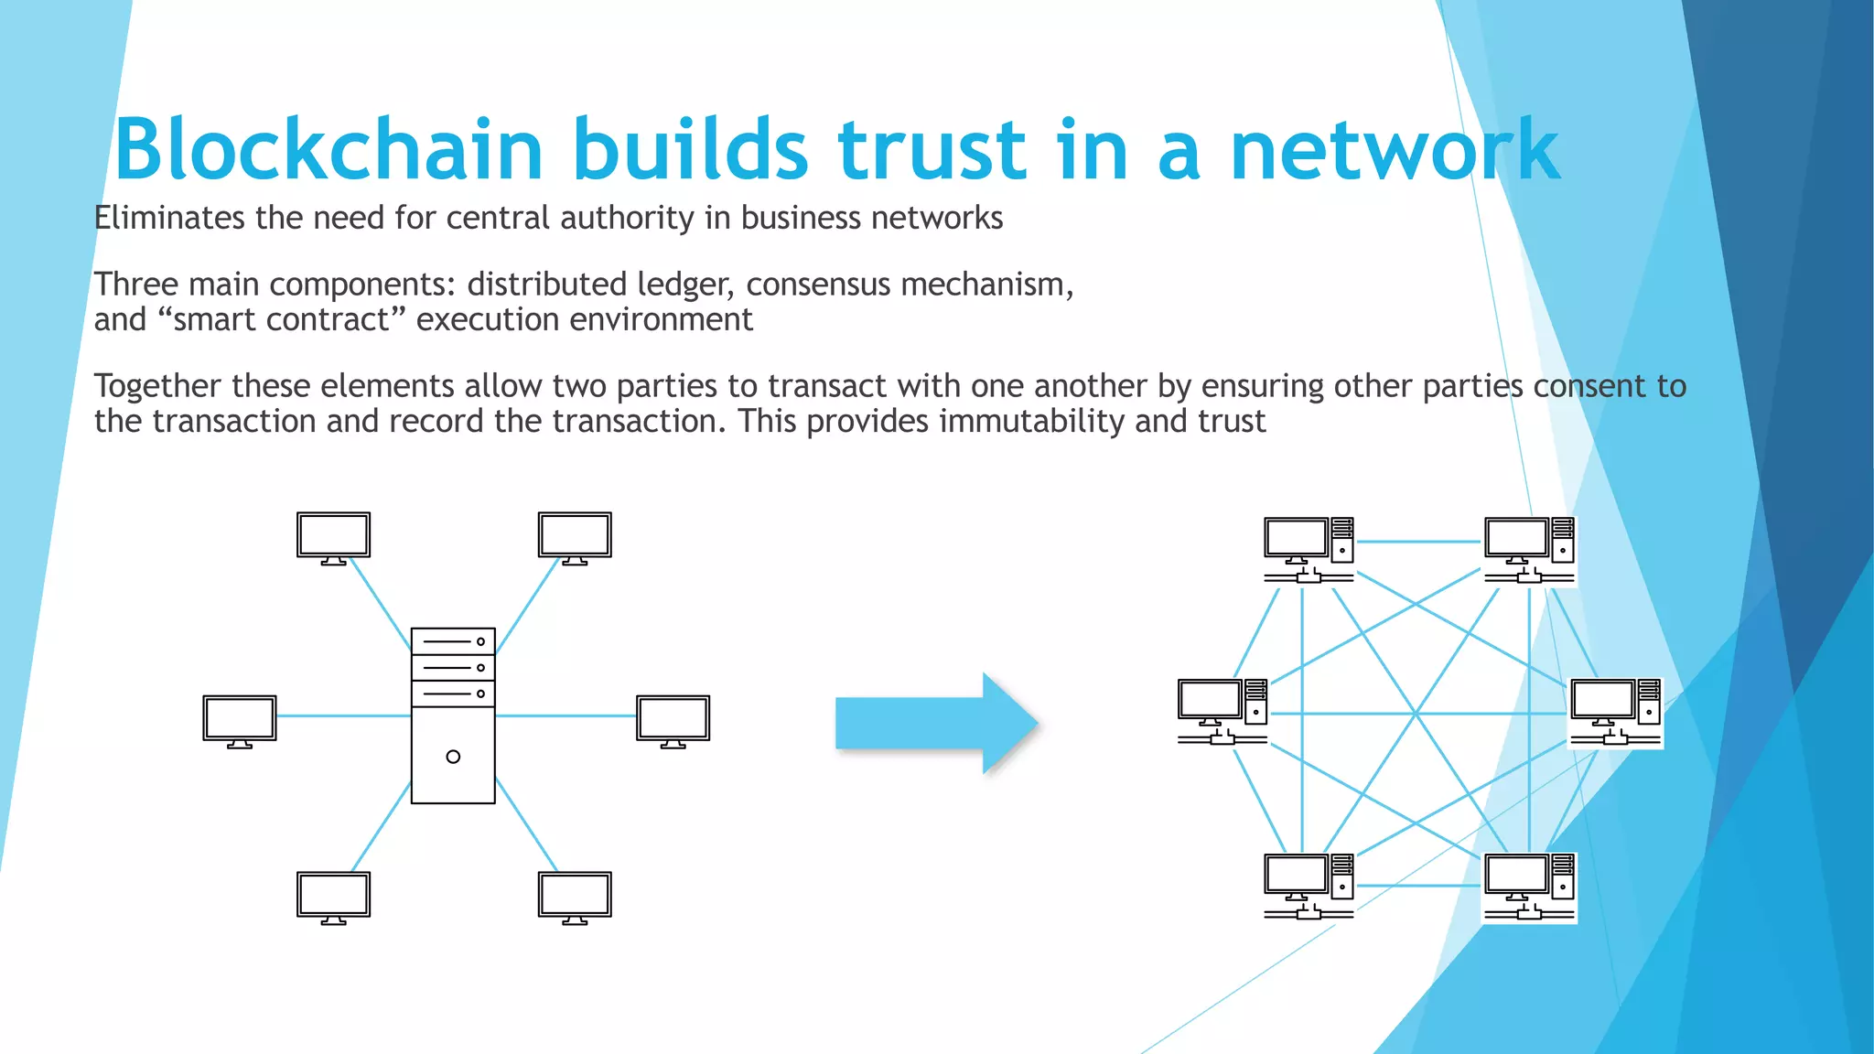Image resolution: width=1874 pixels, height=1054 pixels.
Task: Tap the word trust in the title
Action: [x=932, y=150]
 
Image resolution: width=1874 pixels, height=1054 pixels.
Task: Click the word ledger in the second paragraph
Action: [x=685, y=285]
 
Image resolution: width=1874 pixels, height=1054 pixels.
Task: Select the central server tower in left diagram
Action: [x=453, y=716]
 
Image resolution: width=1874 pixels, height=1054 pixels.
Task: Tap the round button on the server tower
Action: [x=453, y=757]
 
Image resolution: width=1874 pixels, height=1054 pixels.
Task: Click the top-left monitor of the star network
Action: [x=333, y=537]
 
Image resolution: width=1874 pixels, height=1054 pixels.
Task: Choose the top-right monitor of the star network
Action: [x=575, y=537]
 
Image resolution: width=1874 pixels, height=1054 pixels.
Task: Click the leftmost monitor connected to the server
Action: [x=239, y=721]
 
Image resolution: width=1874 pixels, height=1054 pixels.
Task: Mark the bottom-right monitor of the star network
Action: [x=575, y=897]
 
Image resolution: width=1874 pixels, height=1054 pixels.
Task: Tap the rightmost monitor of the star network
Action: [x=673, y=721]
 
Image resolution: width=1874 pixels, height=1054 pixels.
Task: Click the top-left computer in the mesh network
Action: [x=1309, y=549]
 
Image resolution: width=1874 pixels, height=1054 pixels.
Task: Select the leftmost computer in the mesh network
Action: [x=1222, y=711]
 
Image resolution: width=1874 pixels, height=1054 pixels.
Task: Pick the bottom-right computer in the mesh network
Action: [x=1529, y=887]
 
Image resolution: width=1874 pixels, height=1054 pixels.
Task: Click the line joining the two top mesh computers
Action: [x=1418, y=542]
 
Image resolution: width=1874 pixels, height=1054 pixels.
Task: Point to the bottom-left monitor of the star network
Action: [x=333, y=897]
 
